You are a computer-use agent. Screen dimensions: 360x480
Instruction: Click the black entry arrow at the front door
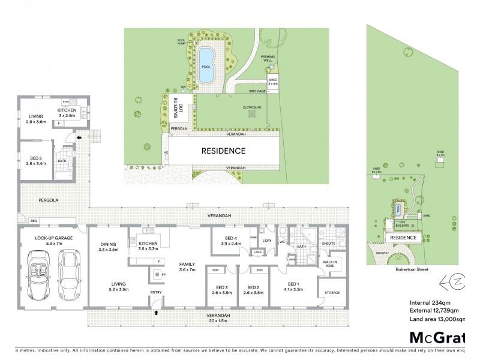157,313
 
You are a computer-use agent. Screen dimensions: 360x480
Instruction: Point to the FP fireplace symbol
164,275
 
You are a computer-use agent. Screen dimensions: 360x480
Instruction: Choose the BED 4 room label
230,241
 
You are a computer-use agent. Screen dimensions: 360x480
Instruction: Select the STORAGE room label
332,292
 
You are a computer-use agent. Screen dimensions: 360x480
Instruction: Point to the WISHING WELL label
267,58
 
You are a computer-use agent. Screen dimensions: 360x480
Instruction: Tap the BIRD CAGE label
257,91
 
